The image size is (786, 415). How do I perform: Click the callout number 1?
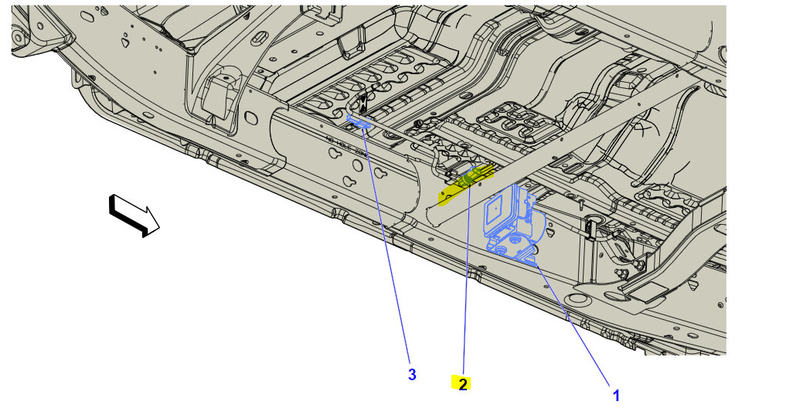click(x=616, y=395)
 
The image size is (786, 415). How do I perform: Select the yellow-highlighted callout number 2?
click(x=462, y=383)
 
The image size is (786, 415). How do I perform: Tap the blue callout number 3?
click(x=412, y=375)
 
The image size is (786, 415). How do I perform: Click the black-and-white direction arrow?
click(x=133, y=214)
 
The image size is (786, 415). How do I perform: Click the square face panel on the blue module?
click(x=497, y=214)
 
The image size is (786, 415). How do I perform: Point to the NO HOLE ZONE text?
click(x=345, y=146)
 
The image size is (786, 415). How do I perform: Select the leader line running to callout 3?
click(x=386, y=247)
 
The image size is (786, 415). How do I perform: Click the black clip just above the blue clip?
click(x=362, y=105)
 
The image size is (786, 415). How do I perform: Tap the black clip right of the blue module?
click(x=591, y=228)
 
